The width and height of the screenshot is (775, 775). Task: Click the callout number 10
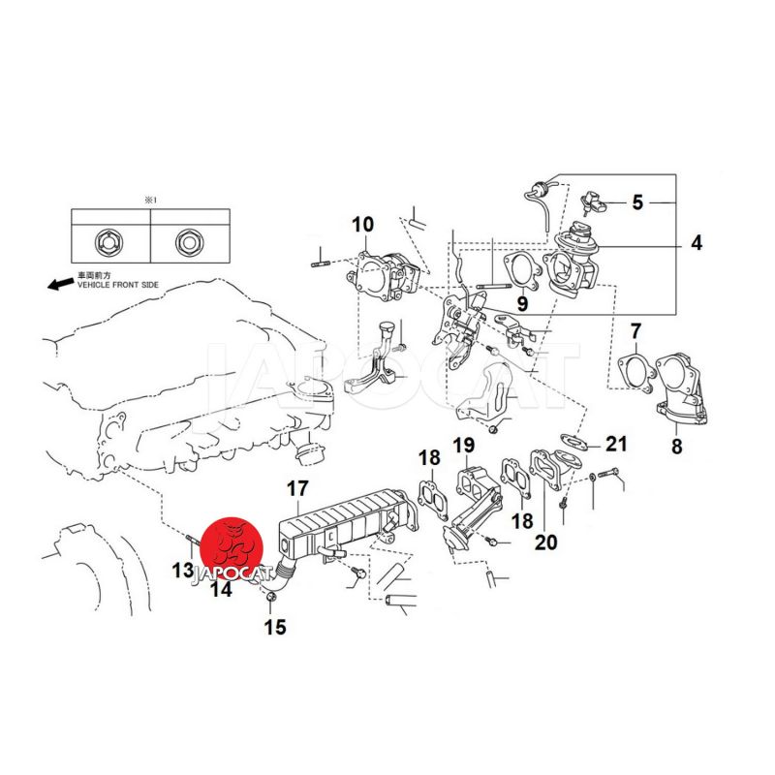(362, 225)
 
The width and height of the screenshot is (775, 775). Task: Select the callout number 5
(637, 202)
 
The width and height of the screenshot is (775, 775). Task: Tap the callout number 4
(696, 243)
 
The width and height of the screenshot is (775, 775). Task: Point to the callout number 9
(522, 304)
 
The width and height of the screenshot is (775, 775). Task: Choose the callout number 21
(616, 445)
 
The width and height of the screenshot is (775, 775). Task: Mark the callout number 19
(463, 447)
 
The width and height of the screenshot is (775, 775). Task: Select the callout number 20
(545, 542)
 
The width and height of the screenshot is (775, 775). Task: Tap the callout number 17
(296, 490)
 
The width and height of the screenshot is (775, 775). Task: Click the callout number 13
(182, 571)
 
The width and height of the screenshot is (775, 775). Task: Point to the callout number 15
(275, 628)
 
